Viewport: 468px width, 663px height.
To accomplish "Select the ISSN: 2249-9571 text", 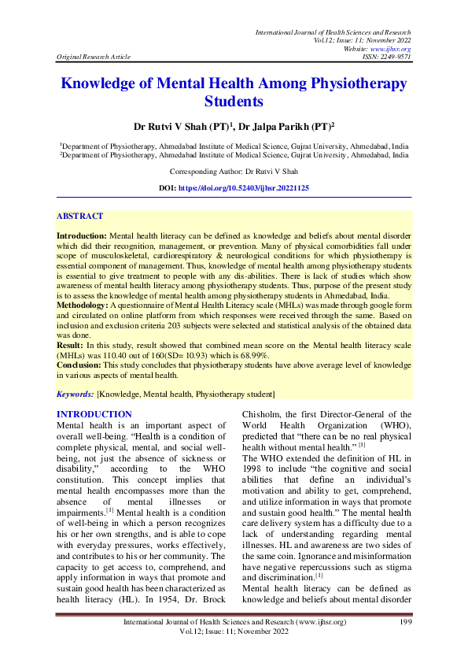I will point(388,57).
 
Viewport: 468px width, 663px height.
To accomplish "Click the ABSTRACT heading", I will point(79,215).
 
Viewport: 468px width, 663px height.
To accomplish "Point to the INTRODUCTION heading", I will point(94,414).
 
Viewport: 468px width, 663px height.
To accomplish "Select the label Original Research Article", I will point(93,57).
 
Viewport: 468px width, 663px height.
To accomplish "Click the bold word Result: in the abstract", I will point(72,345).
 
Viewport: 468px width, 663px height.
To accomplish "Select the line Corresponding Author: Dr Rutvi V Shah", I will point(234,171).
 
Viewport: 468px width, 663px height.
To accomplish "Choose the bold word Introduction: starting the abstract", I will point(82,235).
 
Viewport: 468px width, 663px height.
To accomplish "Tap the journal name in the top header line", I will point(333,31).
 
